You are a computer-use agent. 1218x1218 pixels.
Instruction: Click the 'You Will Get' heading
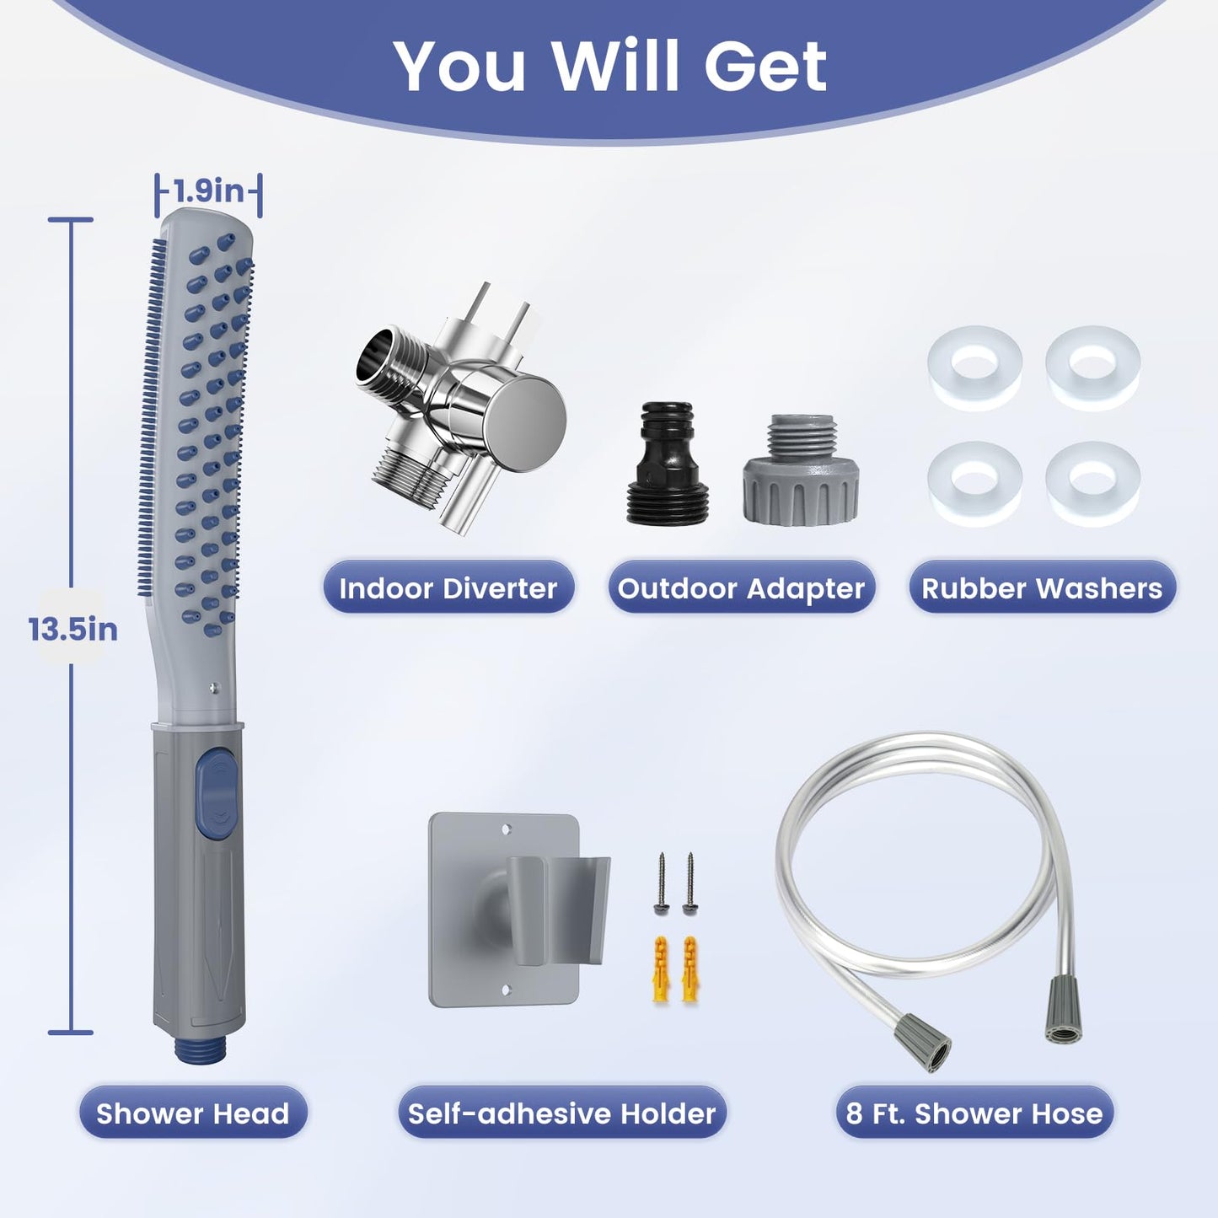(x=610, y=67)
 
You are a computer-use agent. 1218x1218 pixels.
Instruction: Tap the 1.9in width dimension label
(x=208, y=190)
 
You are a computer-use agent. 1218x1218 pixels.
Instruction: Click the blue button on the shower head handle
(x=216, y=791)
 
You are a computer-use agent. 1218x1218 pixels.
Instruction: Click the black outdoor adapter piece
(x=667, y=463)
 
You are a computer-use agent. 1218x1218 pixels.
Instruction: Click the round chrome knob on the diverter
(x=524, y=422)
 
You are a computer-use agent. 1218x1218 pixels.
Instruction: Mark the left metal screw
(x=661, y=883)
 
